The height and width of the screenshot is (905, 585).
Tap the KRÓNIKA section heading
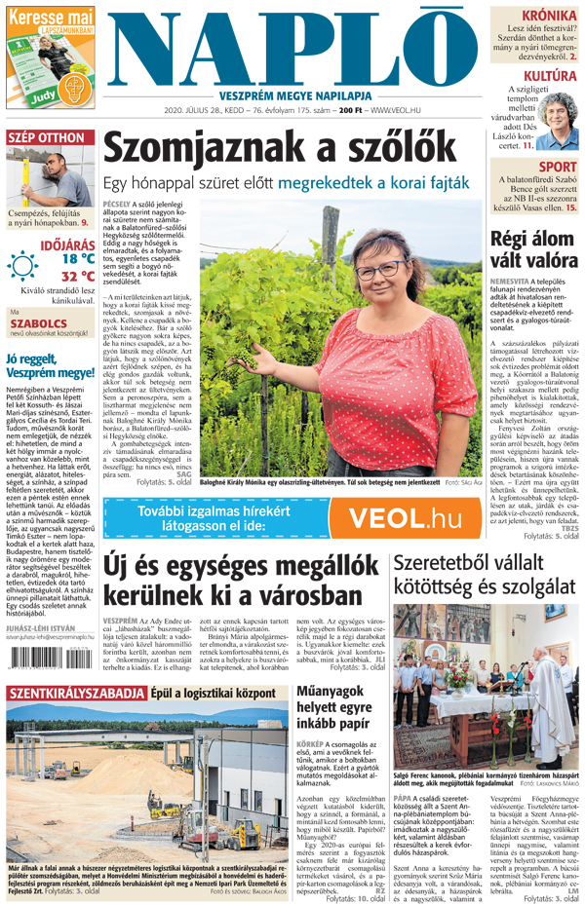point(549,17)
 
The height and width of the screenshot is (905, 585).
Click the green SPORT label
point(557,168)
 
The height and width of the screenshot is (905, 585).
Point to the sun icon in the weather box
point(23,266)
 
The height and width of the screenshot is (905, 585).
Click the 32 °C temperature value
point(78,277)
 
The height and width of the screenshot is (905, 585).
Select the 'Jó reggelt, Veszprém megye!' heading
point(50,365)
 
